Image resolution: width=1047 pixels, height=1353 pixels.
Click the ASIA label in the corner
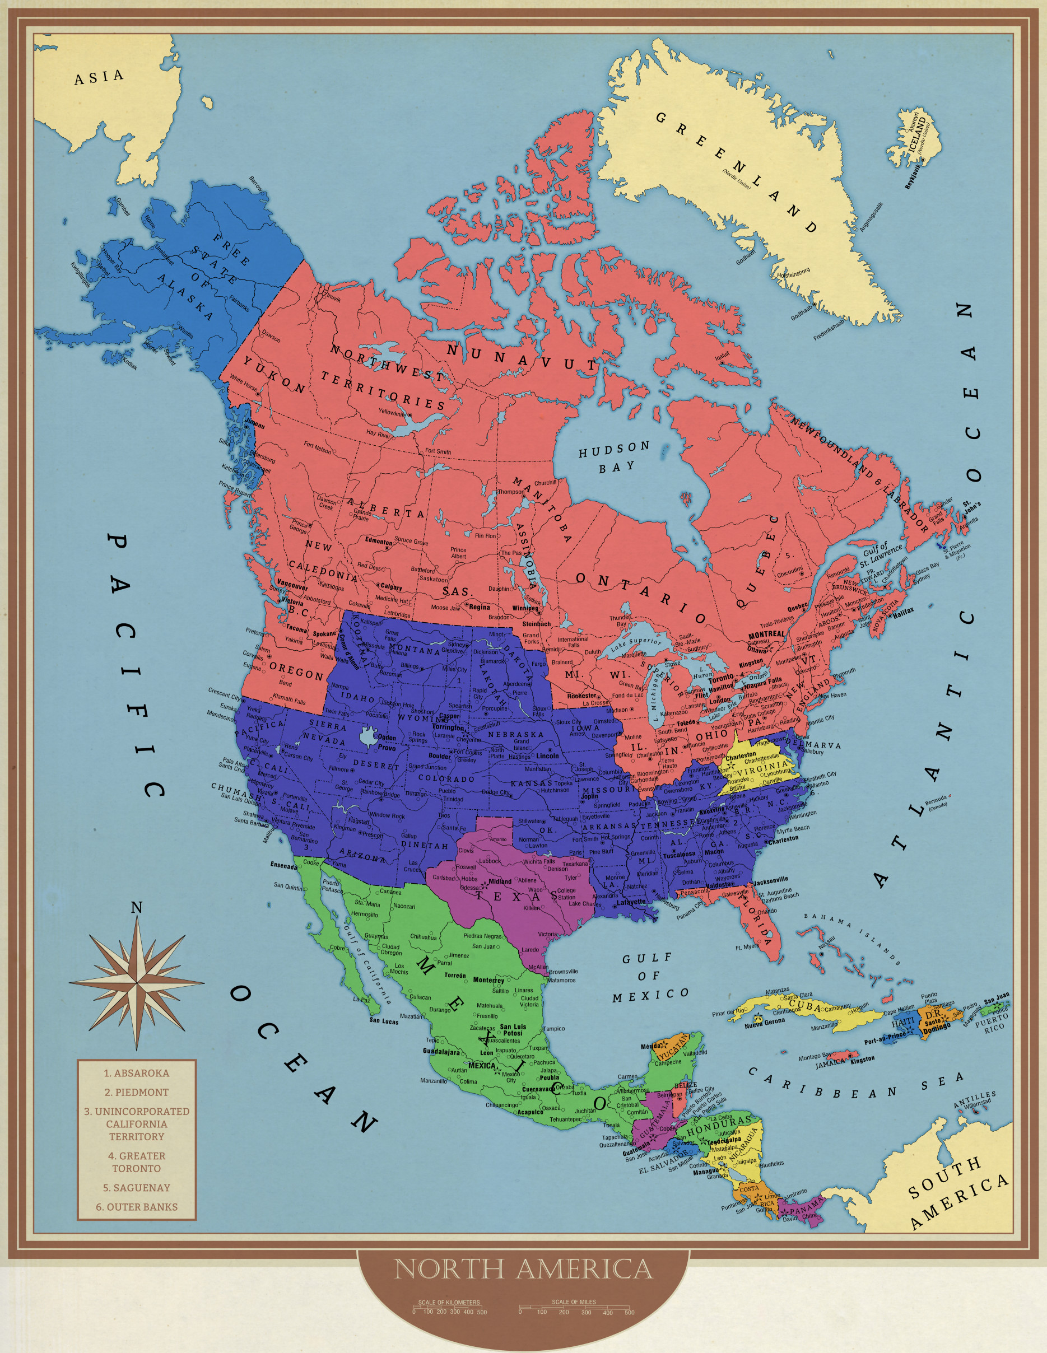point(99,77)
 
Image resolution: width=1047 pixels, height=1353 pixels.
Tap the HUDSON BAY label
point(614,456)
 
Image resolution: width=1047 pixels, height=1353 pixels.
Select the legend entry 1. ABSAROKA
point(136,1073)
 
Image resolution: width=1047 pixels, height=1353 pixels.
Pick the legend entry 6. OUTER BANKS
point(136,1207)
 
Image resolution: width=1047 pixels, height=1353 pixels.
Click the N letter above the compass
point(136,908)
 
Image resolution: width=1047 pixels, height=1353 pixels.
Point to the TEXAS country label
point(517,896)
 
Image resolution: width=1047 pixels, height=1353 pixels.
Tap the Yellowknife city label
point(392,413)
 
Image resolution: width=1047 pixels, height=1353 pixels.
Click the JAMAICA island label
point(830,1063)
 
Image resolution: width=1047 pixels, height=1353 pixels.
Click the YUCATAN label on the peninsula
point(673,1046)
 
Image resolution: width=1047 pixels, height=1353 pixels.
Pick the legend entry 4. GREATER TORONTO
point(136,1162)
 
